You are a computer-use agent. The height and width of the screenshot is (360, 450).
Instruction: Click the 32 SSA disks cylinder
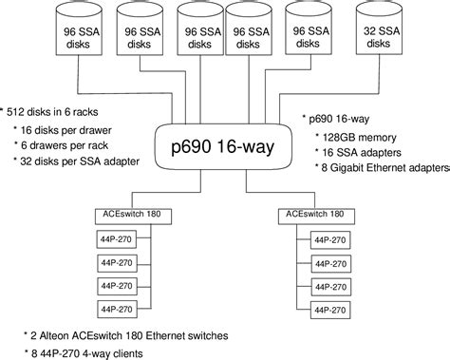375,36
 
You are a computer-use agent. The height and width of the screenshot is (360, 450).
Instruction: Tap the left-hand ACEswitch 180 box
133,215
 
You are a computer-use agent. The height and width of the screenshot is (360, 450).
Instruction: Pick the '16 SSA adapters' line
366,152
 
